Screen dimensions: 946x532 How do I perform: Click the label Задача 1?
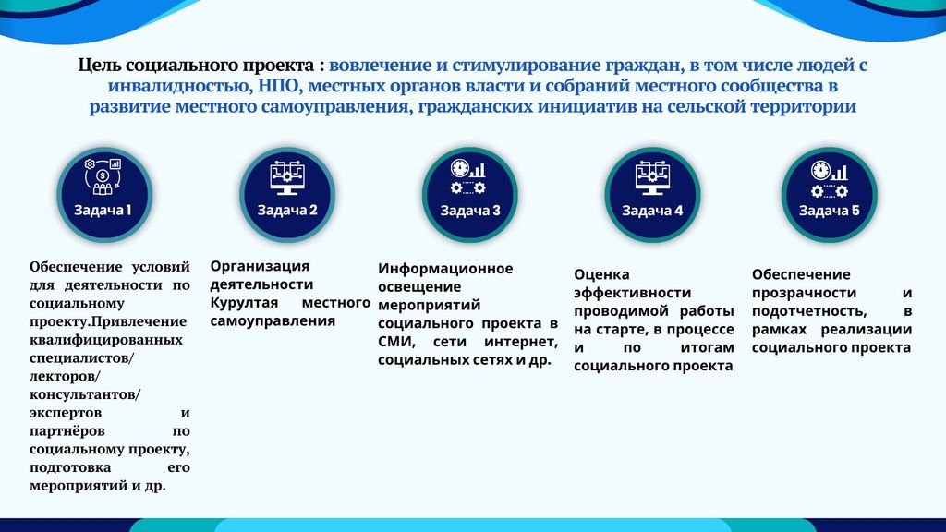(103, 210)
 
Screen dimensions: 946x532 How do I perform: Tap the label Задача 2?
(287, 210)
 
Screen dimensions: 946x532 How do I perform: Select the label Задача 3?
(470, 211)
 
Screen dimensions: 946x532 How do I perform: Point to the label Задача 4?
(652, 211)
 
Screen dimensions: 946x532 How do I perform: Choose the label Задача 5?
(830, 211)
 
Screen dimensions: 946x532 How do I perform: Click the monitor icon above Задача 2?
(287, 178)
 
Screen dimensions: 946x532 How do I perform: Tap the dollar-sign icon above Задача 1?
(103, 176)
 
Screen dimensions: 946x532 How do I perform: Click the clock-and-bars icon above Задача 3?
(468, 169)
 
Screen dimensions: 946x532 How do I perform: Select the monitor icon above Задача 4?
(652, 178)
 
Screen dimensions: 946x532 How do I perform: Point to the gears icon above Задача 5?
(830, 191)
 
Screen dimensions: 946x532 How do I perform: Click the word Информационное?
(445, 269)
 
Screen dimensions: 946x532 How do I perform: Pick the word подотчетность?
(809, 311)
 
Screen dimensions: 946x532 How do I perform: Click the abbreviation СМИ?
(395, 342)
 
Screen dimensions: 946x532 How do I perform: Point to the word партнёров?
(67, 431)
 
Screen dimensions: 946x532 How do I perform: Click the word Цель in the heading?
(100, 66)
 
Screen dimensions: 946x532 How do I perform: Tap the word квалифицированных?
(106, 340)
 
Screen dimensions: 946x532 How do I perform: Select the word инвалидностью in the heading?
(179, 86)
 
